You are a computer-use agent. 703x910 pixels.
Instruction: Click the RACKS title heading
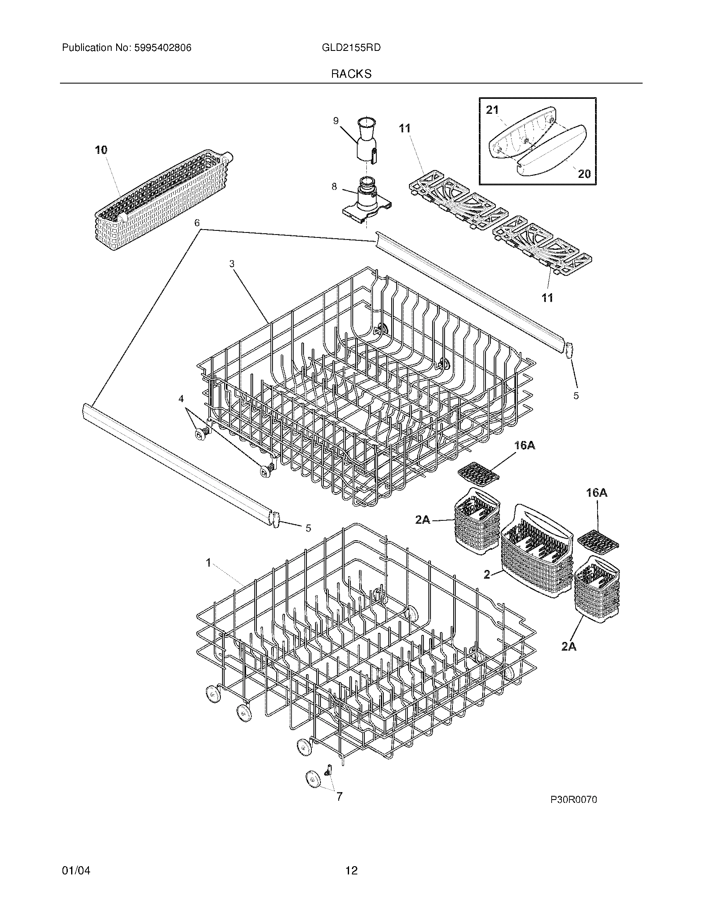tap(351, 74)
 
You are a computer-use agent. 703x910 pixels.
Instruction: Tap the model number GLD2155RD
tap(351, 48)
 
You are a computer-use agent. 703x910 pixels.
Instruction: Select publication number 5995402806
tap(163, 48)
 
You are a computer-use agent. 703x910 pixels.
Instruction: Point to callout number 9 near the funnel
tap(336, 121)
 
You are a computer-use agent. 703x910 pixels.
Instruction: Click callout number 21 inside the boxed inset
tap(492, 110)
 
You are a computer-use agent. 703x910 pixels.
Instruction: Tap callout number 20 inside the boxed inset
tap(584, 173)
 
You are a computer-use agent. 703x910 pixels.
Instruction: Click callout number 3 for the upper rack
tap(232, 263)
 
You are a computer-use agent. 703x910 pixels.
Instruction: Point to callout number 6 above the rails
tap(197, 223)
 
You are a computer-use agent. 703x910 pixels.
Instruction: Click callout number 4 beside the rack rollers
tap(181, 399)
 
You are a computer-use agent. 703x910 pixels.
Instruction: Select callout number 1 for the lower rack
tap(208, 563)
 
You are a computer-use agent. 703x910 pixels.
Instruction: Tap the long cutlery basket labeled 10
tap(163, 200)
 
